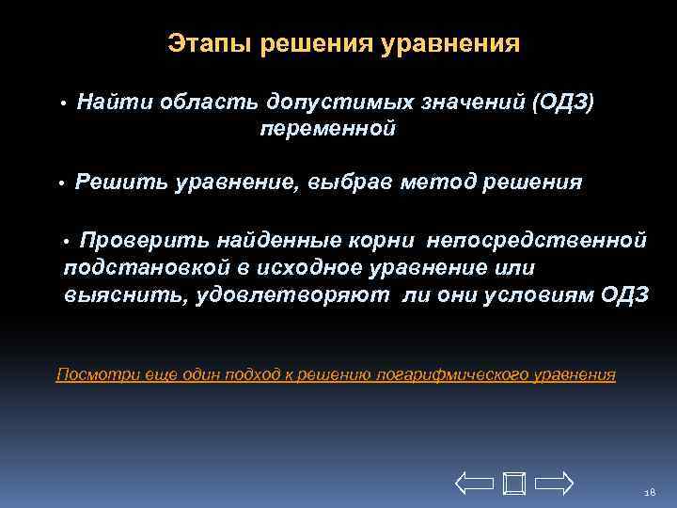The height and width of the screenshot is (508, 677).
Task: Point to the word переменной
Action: click(x=327, y=129)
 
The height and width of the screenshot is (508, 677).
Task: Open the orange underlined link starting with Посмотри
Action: click(x=336, y=374)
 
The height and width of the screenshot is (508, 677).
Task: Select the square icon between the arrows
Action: click(x=513, y=484)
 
